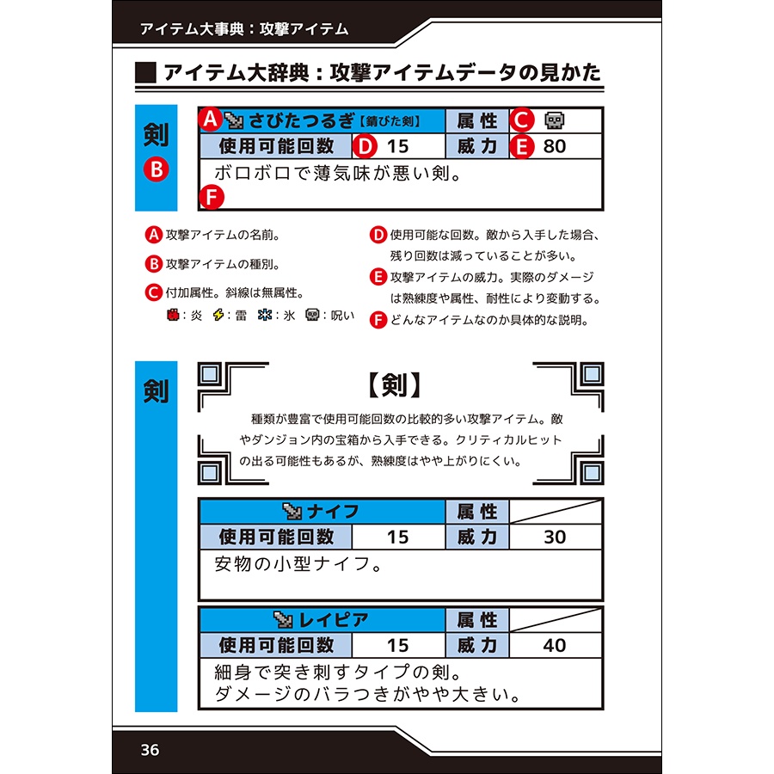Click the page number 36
coord(150,750)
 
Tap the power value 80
coord(555,146)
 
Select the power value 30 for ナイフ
coord(555,537)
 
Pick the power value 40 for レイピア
coord(555,645)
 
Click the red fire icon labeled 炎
coord(172,315)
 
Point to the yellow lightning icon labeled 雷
coord(218,315)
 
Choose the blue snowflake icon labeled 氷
coord(265,315)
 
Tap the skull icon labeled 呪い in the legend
coord(312,315)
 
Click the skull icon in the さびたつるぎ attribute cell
coord(555,120)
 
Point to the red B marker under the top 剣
coord(156,170)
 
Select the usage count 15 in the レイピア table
coord(397,645)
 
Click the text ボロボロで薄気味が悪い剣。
coord(338,174)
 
